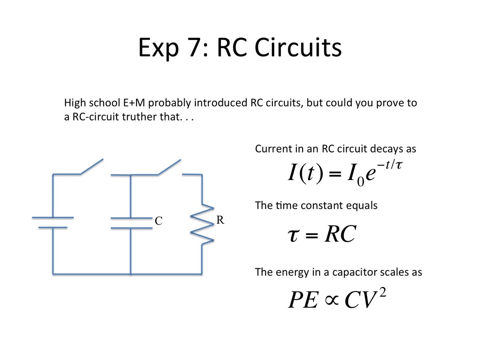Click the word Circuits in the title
pyautogui.click(x=298, y=48)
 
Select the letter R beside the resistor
pyautogui.click(x=220, y=220)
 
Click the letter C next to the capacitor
pyautogui.click(x=158, y=221)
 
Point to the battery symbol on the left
pyautogui.click(x=53, y=223)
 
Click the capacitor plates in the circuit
pyautogui.click(x=131, y=223)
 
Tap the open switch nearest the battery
pyautogui.click(x=91, y=166)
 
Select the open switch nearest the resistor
pyautogui.click(x=169, y=167)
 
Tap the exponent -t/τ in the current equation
pyautogui.click(x=389, y=165)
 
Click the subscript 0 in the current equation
pyautogui.click(x=361, y=182)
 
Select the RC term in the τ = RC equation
pyautogui.click(x=340, y=234)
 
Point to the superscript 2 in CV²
pyautogui.click(x=382, y=293)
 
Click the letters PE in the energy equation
pyautogui.click(x=303, y=300)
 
